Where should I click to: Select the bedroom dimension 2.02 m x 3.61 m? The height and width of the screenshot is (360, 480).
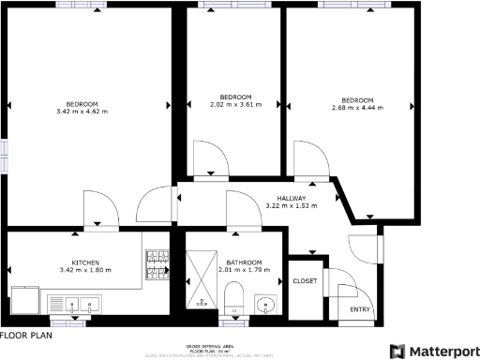pos(235,106)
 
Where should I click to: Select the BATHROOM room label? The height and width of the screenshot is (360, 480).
pos(244,262)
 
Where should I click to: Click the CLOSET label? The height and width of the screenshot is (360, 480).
pos(305,280)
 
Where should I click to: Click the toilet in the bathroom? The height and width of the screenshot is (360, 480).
pos(233,299)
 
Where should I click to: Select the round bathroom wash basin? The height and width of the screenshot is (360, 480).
pos(265,304)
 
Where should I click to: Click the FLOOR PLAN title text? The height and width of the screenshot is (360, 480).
pos(26,335)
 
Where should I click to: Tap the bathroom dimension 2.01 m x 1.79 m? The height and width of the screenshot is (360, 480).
pos(244,270)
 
